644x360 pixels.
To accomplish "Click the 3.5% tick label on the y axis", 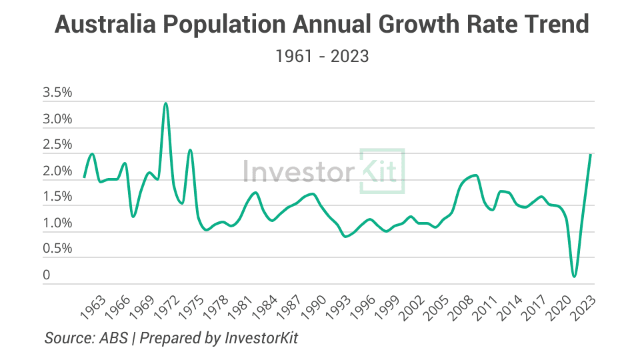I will pos(57,93).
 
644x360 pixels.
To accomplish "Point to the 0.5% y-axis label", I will pos(57,249).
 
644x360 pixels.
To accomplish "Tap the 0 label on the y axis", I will pos(47,275).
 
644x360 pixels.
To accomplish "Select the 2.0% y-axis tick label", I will pos(57,171).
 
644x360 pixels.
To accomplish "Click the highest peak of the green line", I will pos(165,103).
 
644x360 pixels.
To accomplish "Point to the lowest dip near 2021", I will pos(574,276).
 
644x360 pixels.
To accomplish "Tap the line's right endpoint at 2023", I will pos(591,155).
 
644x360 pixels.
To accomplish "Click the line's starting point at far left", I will pos(84,177).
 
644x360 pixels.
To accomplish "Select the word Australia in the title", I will pos(101,25).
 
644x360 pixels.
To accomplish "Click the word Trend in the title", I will pos(555,25).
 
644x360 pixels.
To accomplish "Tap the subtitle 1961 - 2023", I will pos(322,56).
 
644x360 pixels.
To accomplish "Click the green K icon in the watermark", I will pos(382,171).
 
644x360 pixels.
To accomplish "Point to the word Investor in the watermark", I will pos(298,171).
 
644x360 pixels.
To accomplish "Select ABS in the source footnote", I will pos(114,338).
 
